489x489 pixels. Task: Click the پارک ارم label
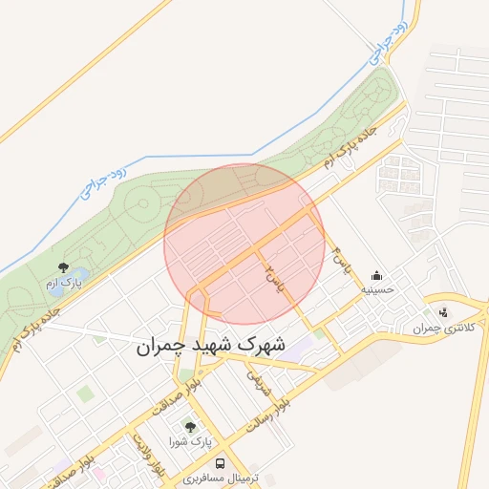[64, 283]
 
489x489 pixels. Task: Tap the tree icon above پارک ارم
[64, 268]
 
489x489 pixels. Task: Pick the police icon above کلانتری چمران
[442, 311]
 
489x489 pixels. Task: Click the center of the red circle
[244, 244]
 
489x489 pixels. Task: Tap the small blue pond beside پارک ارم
[79, 277]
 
